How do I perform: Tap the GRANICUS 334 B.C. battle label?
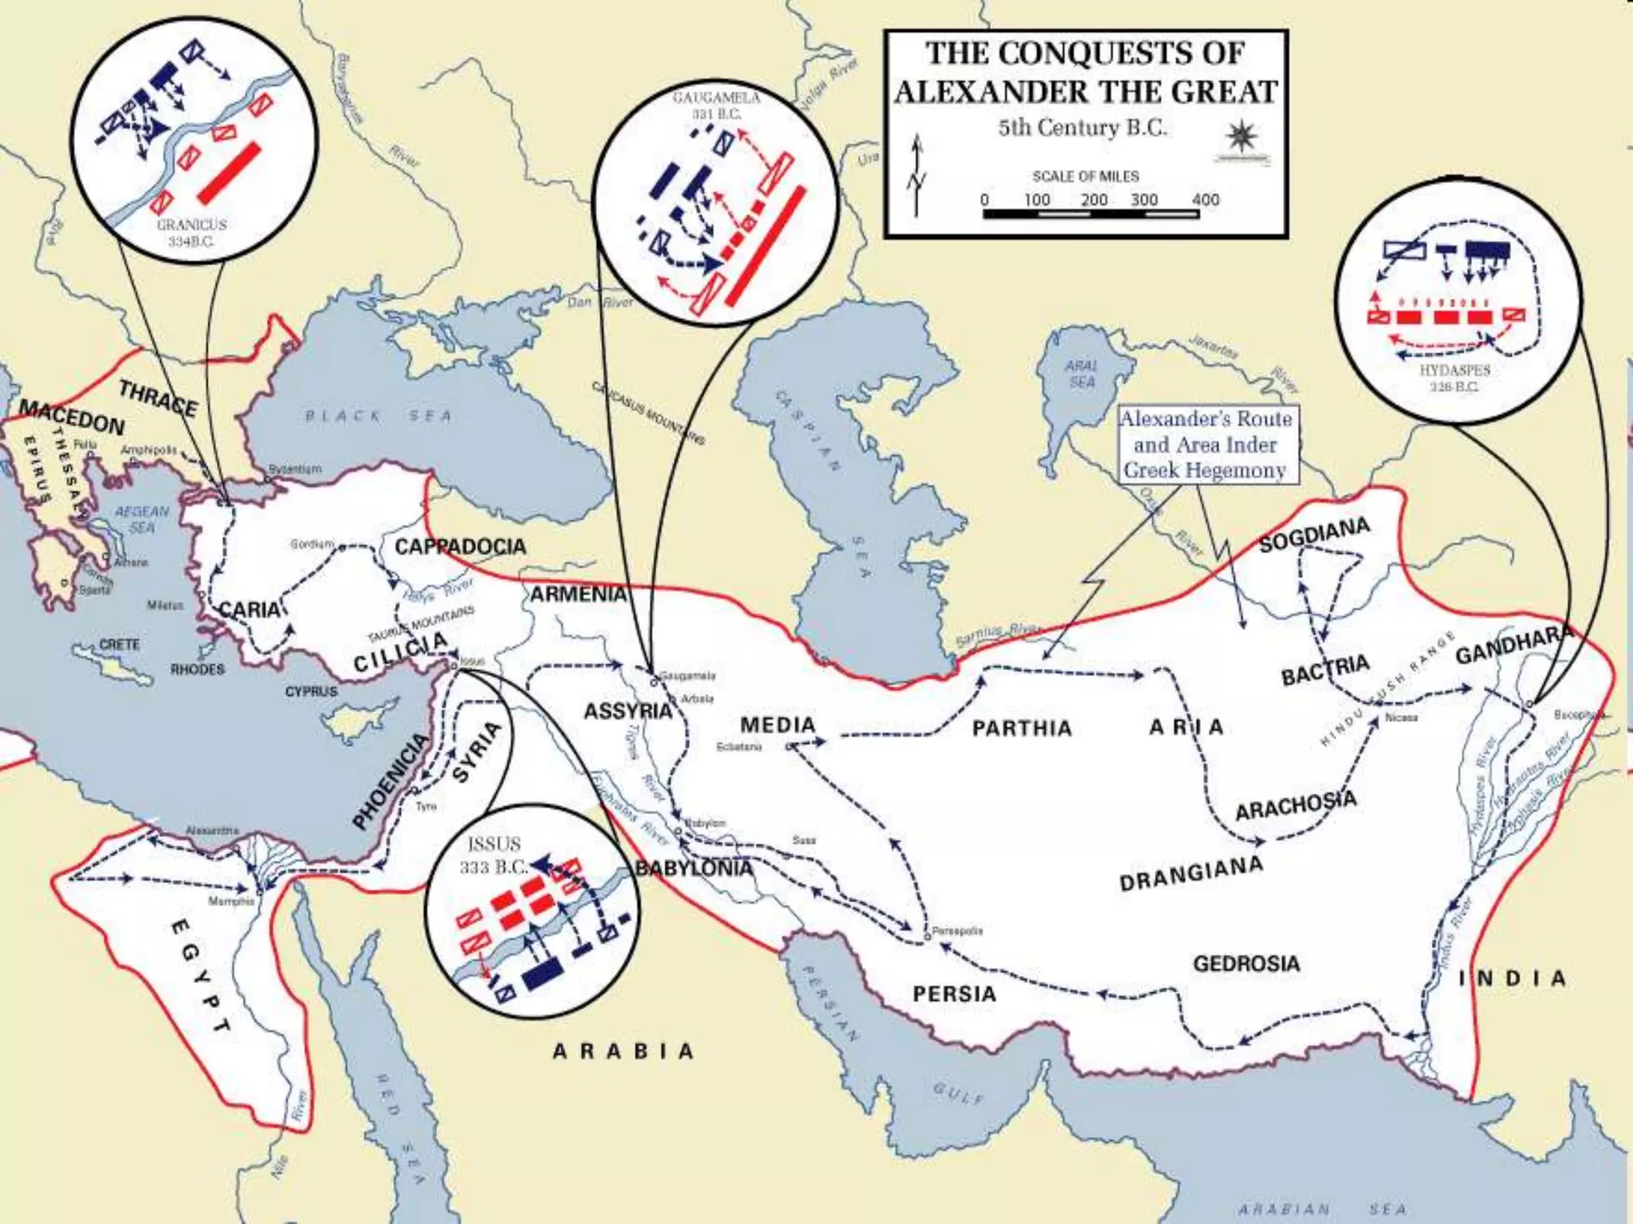coord(191,233)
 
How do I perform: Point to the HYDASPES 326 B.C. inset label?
coord(1454,378)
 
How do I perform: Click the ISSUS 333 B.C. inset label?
coord(494,854)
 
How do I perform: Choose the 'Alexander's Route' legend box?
coord(1205,445)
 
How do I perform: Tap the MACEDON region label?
coord(72,418)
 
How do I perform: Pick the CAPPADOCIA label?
coord(460,547)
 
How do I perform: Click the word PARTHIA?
coord(1021,728)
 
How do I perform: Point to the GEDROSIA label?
coord(1246,963)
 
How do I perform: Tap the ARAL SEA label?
coord(1082,374)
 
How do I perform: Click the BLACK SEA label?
coord(379,415)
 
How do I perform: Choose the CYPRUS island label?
coord(312,691)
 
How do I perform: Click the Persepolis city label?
coord(957,931)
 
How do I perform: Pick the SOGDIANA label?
coord(1314,533)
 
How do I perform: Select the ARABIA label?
coord(624,1052)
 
